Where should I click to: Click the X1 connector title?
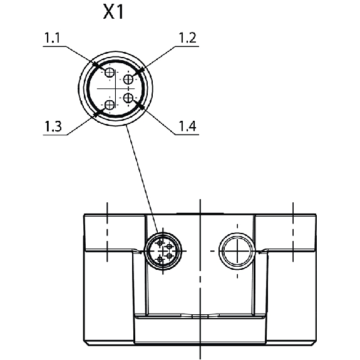pyautogui.click(x=113, y=12)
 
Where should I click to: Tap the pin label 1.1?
pyautogui.click(x=52, y=38)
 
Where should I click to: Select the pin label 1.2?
pyautogui.click(x=187, y=38)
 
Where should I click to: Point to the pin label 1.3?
pyautogui.click(x=53, y=126)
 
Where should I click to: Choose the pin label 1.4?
pyautogui.click(x=187, y=126)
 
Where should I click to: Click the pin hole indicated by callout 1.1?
pyautogui.click(x=110, y=73)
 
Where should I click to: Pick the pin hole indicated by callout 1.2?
pyautogui.click(x=128, y=80)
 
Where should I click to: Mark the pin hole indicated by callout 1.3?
pyautogui.click(x=110, y=105)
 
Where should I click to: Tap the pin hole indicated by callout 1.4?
pyautogui.click(x=128, y=98)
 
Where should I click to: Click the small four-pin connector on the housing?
pyautogui.click(x=163, y=250)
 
